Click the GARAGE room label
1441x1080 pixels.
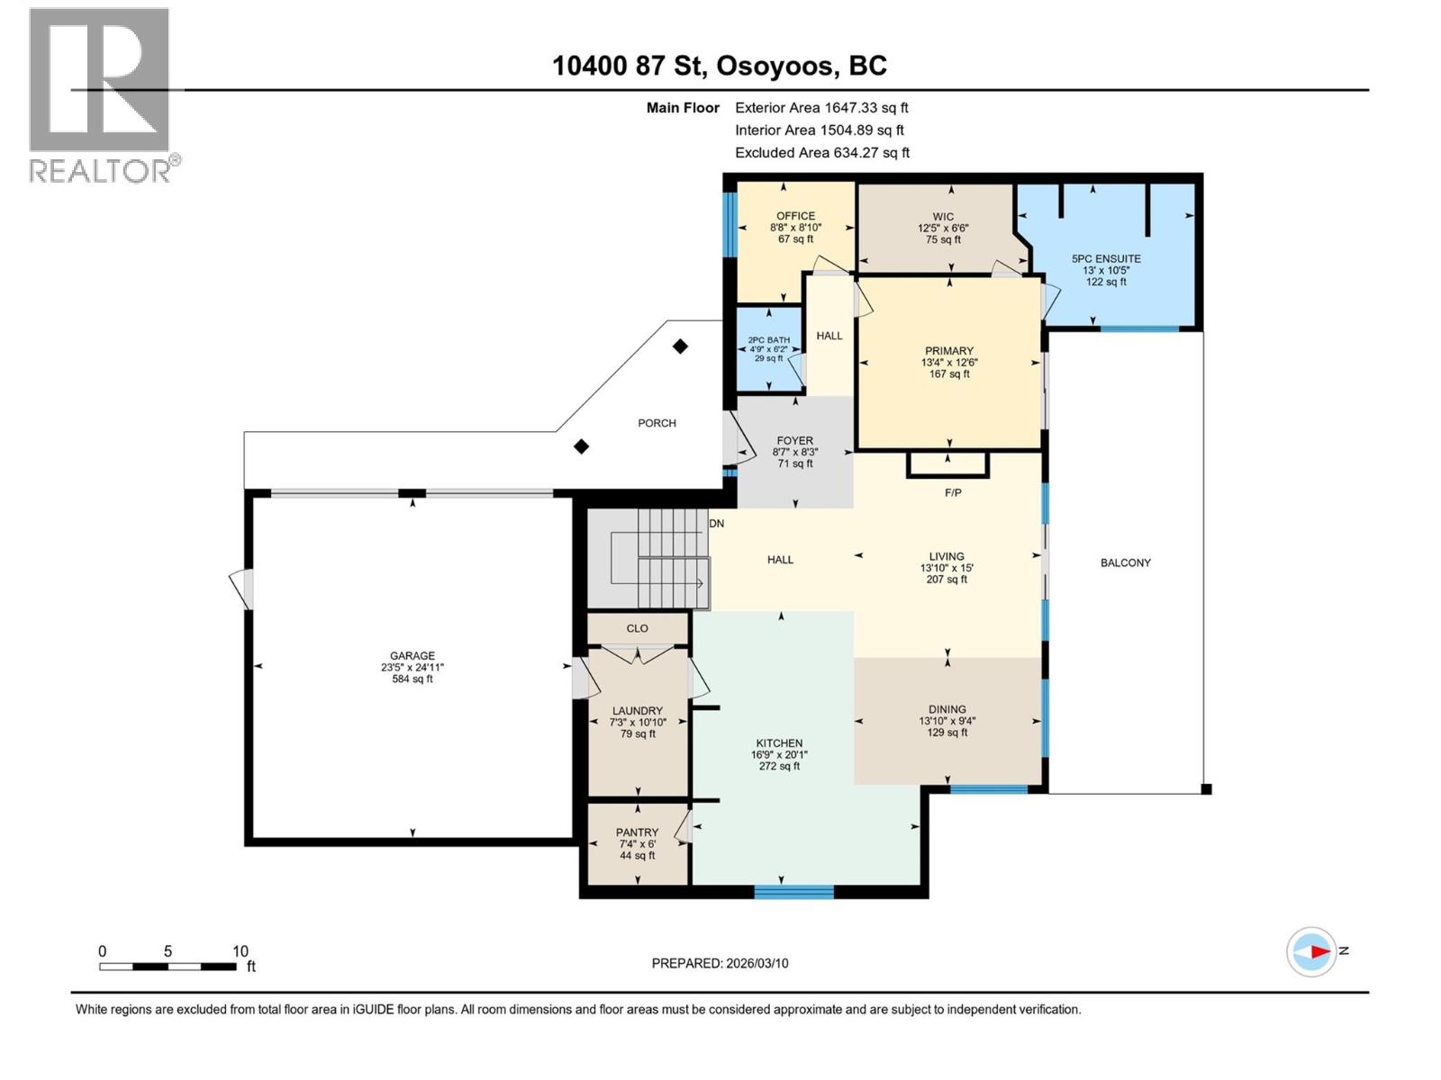[x=412, y=656]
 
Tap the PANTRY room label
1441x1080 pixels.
[x=637, y=832]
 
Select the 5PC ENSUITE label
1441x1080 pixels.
[x=1106, y=258]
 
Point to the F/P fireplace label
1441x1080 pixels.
[x=953, y=492]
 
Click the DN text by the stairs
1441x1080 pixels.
[x=716, y=523]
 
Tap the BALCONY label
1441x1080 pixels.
[x=1125, y=562]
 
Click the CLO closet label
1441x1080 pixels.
[x=637, y=628]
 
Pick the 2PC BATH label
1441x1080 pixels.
[x=768, y=340]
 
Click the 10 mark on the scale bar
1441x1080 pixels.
[x=240, y=951]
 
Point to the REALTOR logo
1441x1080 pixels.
[x=100, y=94]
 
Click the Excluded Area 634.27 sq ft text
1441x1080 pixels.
[x=821, y=153]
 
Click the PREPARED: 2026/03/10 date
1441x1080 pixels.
[x=720, y=963]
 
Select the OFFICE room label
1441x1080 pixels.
[x=795, y=216]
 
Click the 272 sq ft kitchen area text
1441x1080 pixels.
[x=779, y=767]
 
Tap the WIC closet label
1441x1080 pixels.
[x=943, y=217]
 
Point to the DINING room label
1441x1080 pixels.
[x=947, y=709]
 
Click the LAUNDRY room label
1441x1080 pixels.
[x=637, y=711]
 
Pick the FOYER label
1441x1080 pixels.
[x=794, y=441]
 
